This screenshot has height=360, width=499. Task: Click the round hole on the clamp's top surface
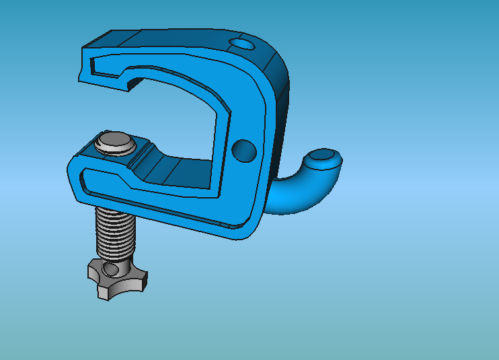tap(241, 45)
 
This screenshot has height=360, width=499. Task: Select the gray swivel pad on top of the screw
tap(115, 143)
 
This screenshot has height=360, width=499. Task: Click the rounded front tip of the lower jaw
tap(73, 177)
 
